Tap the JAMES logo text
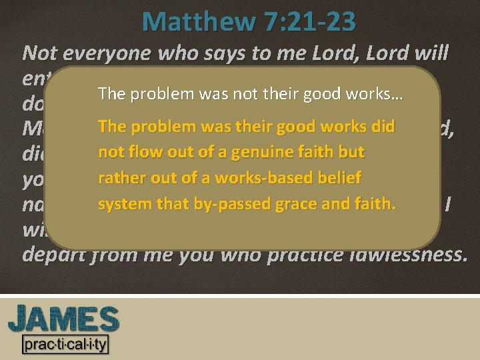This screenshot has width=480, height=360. pos(63,319)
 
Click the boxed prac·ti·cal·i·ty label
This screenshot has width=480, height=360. pos(65,345)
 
